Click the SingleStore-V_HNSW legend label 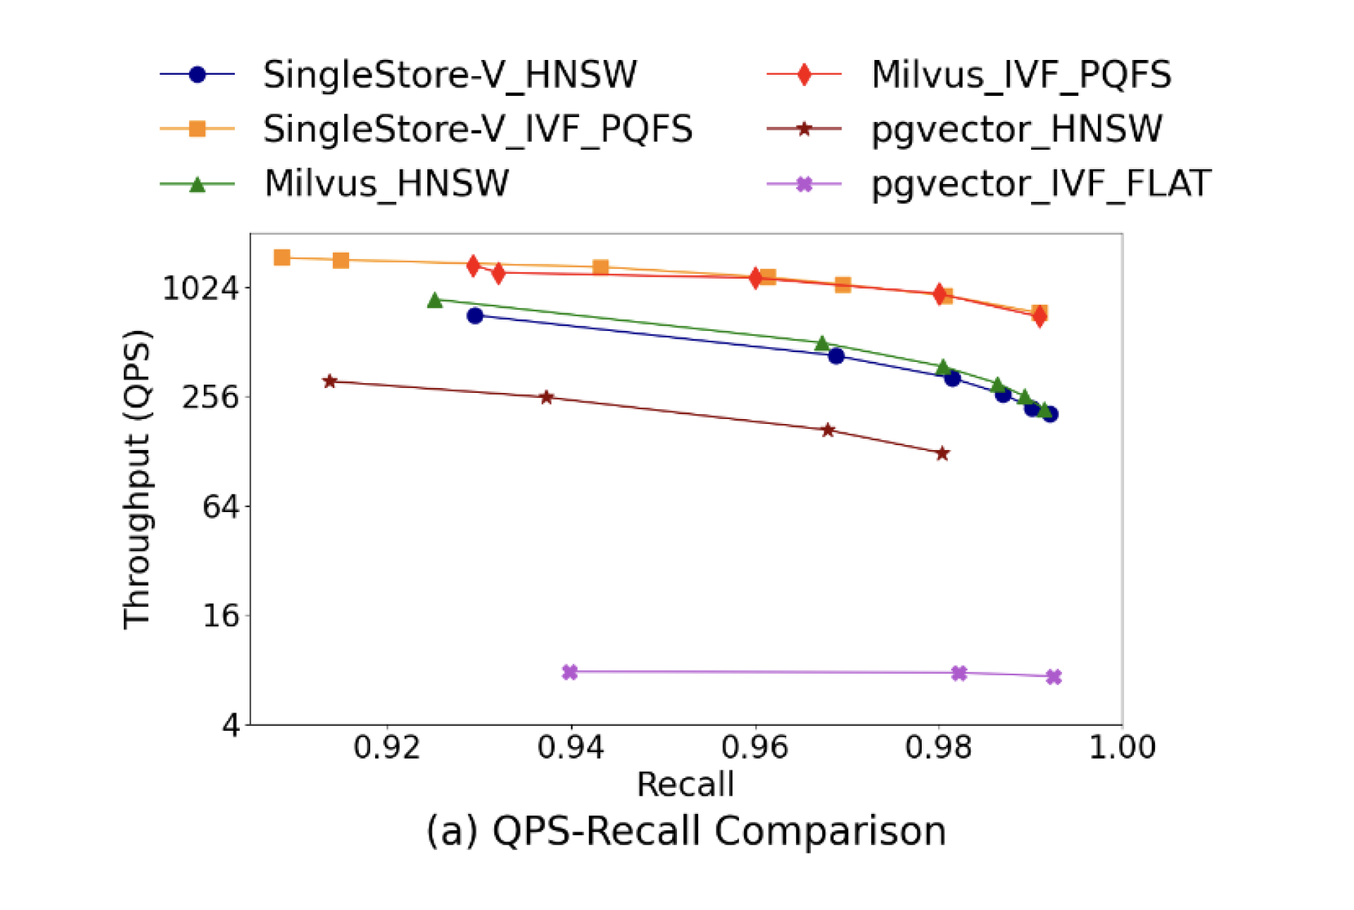pos(450,74)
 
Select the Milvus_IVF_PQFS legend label pos(1021,74)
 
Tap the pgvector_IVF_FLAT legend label pos(1041,184)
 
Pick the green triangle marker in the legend pos(197,184)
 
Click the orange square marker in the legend pos(197,129)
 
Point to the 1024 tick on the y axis pos(201,288)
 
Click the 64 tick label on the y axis pos(221,506)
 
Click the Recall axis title pos(685,784)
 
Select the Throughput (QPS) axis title pos(137,479)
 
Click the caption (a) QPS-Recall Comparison pos(685,831)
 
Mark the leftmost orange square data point pos(282,257)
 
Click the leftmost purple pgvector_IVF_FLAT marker pos(570,672)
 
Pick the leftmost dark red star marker pos(329,381)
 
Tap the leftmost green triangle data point pos(435,301)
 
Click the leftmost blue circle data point pos(475,315)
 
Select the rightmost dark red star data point pos(943,453)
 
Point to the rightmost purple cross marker pos(1054,677)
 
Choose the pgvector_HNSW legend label pos(1016,129)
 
